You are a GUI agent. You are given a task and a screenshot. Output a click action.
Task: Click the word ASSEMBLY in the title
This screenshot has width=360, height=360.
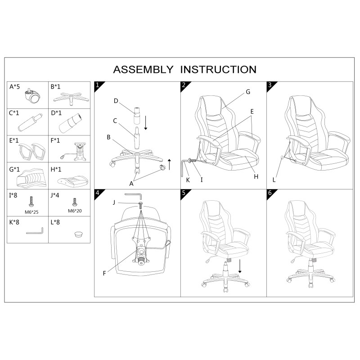click(143, 70)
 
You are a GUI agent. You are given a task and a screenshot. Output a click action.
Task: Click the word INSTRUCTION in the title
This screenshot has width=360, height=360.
click(218, 70)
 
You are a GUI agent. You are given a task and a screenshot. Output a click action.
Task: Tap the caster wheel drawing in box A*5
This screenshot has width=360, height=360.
click(33, 96)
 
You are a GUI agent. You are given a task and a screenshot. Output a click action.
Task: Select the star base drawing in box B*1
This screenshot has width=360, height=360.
click(71, 99)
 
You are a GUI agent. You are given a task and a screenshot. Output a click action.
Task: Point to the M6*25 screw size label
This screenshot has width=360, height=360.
click(31, 212)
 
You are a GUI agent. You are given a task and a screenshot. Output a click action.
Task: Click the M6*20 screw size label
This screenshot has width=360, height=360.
click(75, 211)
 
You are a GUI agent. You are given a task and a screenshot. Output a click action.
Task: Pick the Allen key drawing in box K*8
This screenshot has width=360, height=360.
click(35, 231)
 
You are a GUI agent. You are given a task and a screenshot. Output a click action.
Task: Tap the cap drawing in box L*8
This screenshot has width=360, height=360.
click(79, 234)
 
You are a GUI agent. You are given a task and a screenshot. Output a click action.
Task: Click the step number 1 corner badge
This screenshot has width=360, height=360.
click(98, 85)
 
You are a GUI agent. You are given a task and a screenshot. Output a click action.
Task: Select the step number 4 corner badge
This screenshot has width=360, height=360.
click(98, 193)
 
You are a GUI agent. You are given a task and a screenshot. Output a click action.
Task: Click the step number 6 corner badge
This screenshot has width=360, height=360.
click(270, 193)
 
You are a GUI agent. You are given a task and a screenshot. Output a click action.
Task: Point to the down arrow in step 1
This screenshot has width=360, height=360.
click(145, 123)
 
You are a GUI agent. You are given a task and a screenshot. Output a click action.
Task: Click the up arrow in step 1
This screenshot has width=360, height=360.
click(170, 164)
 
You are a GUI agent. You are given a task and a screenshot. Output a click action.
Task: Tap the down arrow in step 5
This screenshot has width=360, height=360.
click(240, 266)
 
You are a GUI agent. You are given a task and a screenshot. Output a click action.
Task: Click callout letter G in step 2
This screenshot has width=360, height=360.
click(248, 92)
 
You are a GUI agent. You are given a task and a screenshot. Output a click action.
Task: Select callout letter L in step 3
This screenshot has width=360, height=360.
click(274, 180)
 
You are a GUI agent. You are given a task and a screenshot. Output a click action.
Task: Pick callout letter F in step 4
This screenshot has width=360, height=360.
click(104, 273)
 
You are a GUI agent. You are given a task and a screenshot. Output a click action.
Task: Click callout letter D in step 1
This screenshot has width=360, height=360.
click(116, 101)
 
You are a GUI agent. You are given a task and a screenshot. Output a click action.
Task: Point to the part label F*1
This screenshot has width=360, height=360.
click(55, 140)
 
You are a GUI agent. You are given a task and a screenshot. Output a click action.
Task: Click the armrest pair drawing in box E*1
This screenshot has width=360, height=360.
click(32, 152)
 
